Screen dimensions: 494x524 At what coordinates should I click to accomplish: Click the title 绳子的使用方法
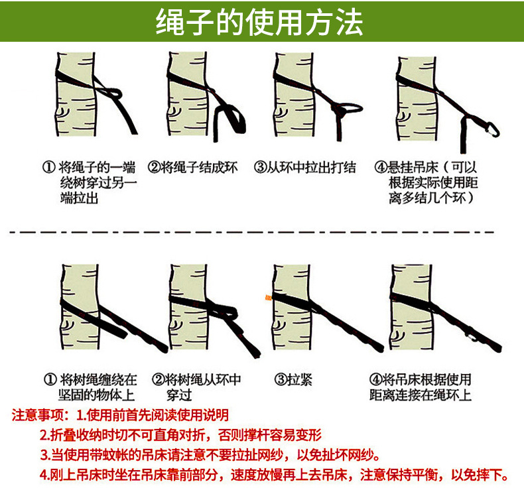point(261,23)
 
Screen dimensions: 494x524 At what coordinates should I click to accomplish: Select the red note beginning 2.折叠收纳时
point(180,436)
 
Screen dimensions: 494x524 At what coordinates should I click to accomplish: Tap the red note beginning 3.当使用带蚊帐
point(210,456)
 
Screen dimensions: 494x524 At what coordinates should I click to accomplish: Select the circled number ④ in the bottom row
point(376,380)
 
